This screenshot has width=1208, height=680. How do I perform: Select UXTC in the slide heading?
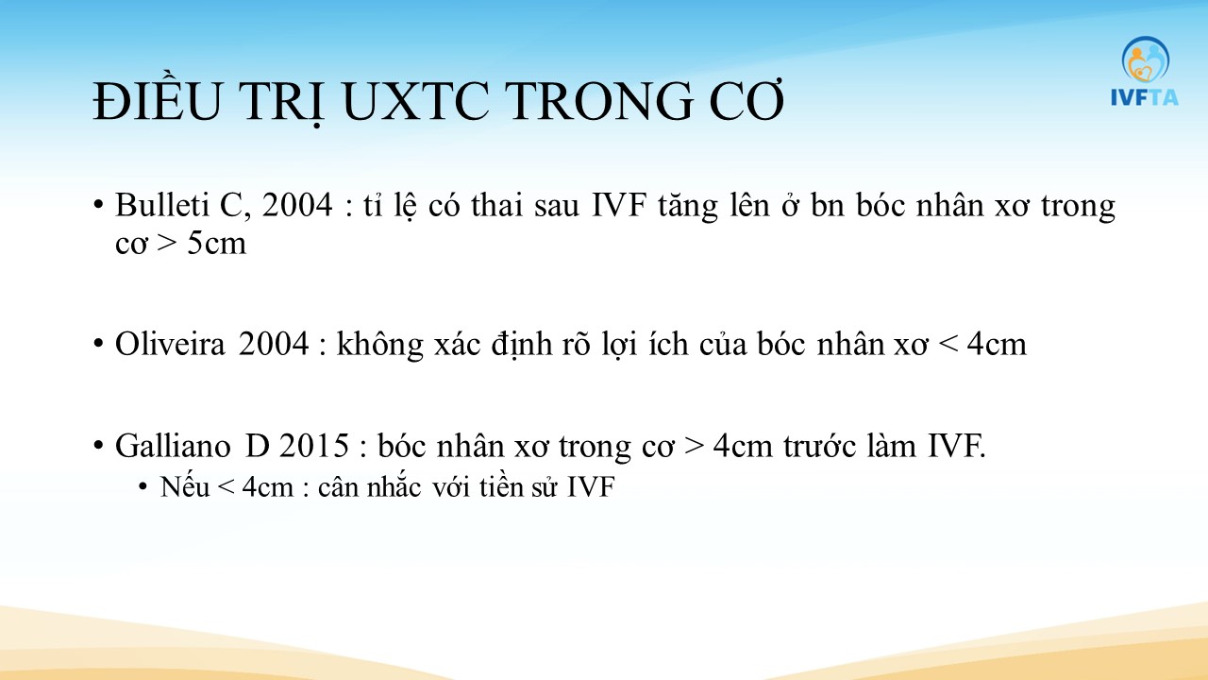(414, 101)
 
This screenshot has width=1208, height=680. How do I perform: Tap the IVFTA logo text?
(1145, 97)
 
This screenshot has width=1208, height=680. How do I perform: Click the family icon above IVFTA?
(1146, 59)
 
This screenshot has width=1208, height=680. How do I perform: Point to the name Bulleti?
(161, 205)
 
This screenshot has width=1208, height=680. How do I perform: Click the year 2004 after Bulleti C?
(297, 205)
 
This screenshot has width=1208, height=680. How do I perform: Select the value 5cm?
(217, 244)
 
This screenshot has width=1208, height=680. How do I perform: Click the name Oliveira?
(170, 344)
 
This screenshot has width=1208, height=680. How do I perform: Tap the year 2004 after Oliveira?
(274, 344)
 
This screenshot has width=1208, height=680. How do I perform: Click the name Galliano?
(173, 447)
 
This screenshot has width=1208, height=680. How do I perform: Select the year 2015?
(314, 447)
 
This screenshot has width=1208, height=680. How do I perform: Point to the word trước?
(819, 447)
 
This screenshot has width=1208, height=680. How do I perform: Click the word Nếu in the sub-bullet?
(185, 486)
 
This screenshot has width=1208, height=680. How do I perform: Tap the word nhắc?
(394, 486)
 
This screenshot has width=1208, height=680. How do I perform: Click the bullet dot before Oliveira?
(97, 343)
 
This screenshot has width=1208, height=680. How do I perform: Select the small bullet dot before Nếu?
(143, 486)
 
